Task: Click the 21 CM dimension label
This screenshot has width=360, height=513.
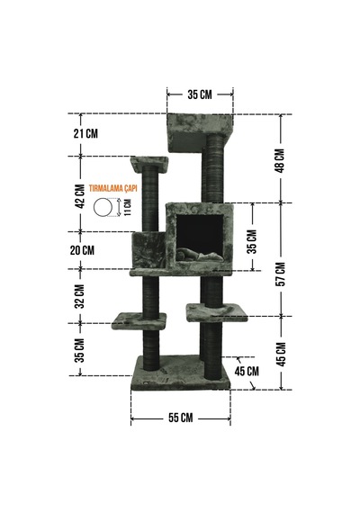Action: point(85,133)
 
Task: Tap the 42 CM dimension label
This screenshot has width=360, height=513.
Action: point(80,196)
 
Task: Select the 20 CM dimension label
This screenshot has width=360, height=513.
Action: point(82,250)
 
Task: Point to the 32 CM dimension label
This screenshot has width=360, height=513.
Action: point(80,296)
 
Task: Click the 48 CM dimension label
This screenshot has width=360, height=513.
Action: point(280,160)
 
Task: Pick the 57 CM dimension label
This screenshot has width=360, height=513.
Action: point(280,274)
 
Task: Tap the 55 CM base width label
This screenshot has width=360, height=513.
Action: point(181,418)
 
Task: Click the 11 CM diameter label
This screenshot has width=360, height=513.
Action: point(128,207)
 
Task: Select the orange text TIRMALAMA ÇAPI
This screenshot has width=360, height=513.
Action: point(112,188)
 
